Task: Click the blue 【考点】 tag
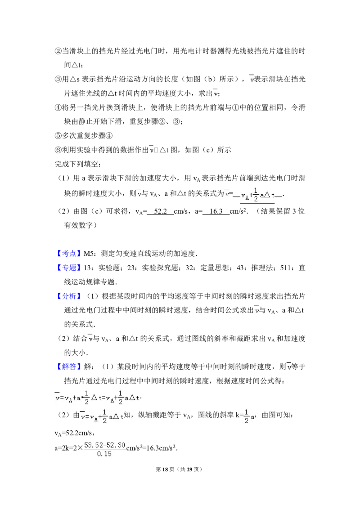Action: coord(70,254)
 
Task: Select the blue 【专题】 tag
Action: coord(70,268)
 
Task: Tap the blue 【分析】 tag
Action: coord(70,296)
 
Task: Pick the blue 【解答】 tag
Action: coord(70,366)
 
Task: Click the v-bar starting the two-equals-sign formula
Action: coord(57,397)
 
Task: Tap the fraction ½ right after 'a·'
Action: coord(86,397)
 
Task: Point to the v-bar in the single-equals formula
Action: coord(83,417)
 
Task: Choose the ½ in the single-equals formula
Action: coord(104,417)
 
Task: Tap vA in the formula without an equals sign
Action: coord(245,196)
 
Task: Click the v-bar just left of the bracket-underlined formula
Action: coord(227,193)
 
